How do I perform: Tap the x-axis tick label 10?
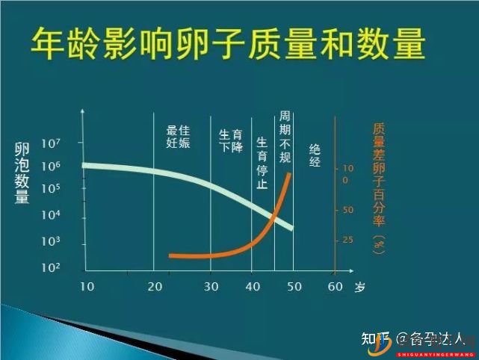pos(85,286)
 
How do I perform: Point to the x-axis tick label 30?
pos(211,286)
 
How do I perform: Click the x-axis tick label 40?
pos(253,286)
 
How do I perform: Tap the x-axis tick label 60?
pos(334,286)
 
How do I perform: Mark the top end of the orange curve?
pos(289,174)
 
